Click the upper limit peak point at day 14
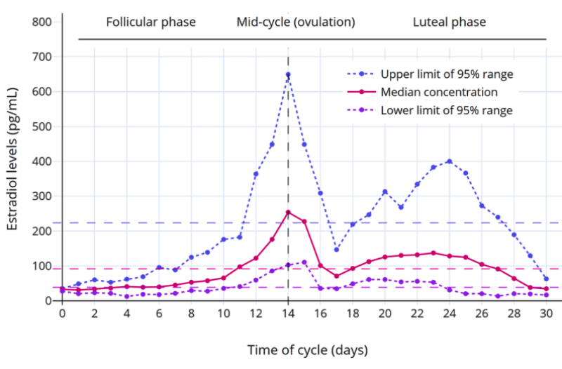pyautogui.click(x=288, y=74)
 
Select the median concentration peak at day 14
pyautogui.click(x=288, y=212)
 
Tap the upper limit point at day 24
pyautogui.click(x=450, y=161)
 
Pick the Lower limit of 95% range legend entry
pyautogui.click(x=446, y=110)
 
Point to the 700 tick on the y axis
pyautogui.click(x=41, y=57)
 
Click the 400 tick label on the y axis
pyautogui.click(x=41, y=161)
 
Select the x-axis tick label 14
pyautogui.click(x=288, y=314)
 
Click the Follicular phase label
pyautogui.click(x=151, y=22)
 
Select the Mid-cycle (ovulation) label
pyautogui.click(x=295, y=22)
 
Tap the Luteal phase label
pyautogui.click(x=449, y=22)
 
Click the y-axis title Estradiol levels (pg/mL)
pyautogui.click(x=12, y=159)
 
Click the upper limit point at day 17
pyautogui.click(x=336, y=249)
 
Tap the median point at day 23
pyautogui.click(x=433, y=253)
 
